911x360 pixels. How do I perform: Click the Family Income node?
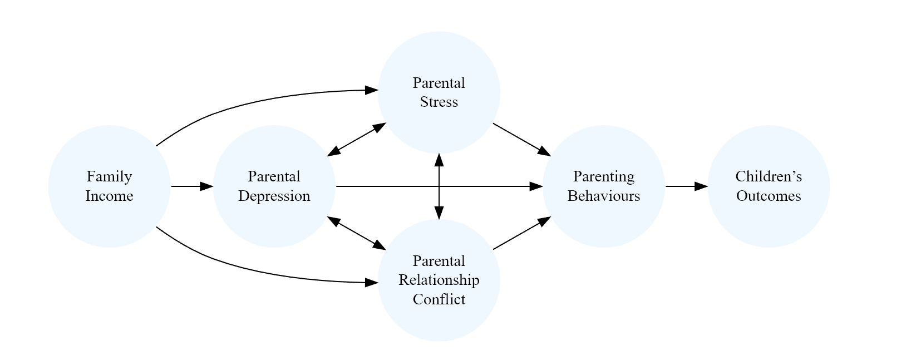109,186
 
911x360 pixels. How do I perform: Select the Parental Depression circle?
274,186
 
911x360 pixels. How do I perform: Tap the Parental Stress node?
439,92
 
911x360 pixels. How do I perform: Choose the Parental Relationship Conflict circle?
439,280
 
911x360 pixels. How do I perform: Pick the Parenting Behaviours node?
603,186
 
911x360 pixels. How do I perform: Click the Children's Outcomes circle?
769,186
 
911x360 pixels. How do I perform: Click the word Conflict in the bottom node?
439,299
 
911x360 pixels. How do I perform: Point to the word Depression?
274,196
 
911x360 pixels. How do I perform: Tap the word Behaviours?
603,196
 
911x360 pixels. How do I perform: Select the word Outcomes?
769,196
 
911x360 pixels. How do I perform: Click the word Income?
109,196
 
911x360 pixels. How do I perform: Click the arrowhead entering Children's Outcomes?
701,186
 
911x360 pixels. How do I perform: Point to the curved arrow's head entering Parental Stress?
371,90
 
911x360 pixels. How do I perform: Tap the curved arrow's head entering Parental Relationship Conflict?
371,283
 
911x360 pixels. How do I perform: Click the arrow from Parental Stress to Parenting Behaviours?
520,139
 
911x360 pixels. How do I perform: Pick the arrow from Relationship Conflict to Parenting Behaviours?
520,234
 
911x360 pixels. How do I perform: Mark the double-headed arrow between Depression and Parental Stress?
356,139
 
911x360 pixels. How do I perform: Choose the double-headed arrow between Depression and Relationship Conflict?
356,233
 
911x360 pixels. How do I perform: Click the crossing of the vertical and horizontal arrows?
439,186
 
